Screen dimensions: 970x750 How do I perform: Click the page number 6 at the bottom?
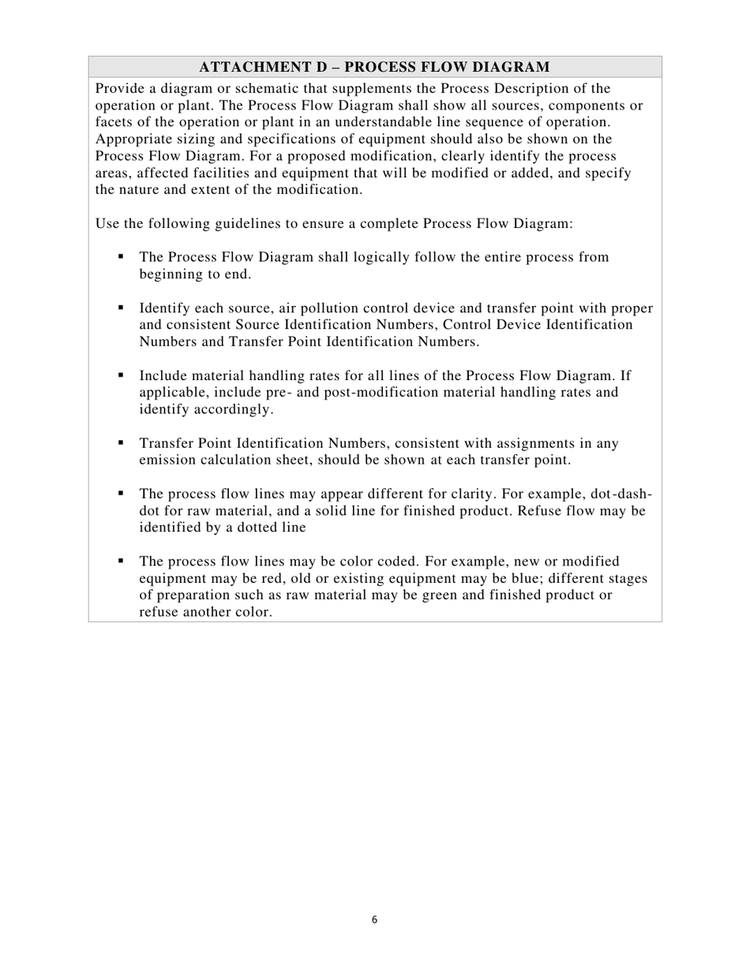pos(374,920)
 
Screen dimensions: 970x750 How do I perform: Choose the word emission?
pos(168,461)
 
